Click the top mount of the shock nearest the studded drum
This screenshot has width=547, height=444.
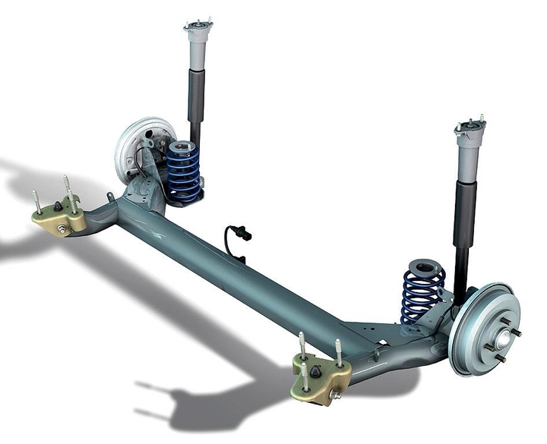[470, 131]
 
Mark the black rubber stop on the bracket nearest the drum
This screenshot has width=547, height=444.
[315, 372]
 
